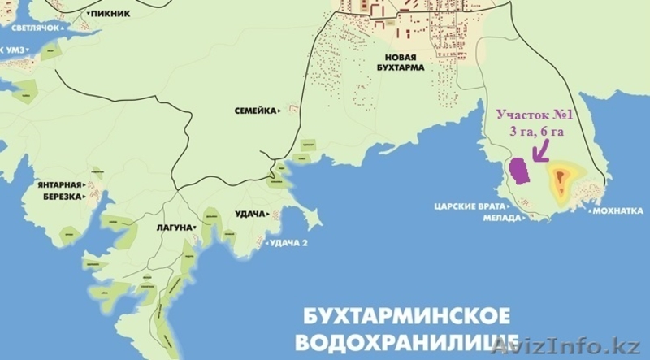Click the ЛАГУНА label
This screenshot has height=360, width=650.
pos(173,228)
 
